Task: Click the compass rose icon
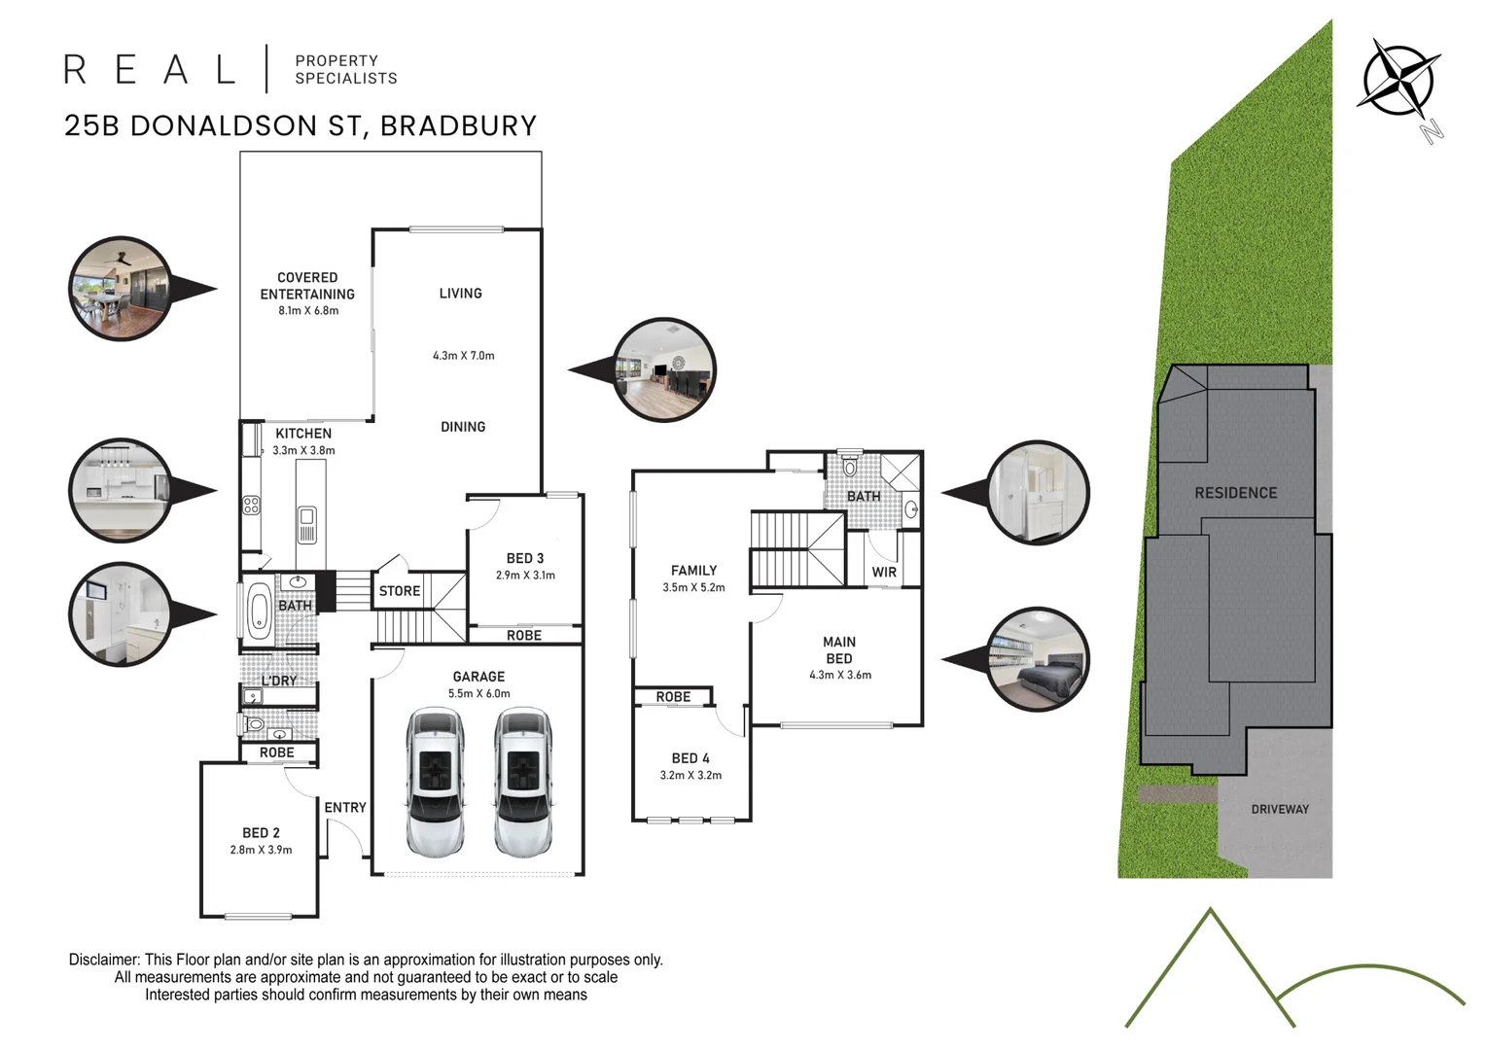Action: tap(1400, 78)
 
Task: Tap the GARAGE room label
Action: tap(478, 677)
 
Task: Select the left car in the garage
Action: tap(436, 783)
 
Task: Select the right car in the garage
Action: tap(522, 783)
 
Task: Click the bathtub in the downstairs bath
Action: tap(259, 611)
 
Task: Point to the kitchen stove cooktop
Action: tap(251, 505)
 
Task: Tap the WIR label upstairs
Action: tap(884, 572)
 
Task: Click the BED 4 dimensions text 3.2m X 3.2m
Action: tap(690, 775)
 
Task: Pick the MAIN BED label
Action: tap(839, 649)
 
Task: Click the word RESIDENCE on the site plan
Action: tap(1235, 493)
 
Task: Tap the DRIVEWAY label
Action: tap(1279, 809)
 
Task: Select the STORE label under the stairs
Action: tap(400, 591)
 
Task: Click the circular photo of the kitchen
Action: tap(120, 490)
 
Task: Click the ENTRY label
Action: tap(345, 807)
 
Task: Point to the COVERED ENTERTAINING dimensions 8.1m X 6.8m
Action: tap(307, 311)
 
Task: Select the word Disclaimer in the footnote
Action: tap(104, 960)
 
